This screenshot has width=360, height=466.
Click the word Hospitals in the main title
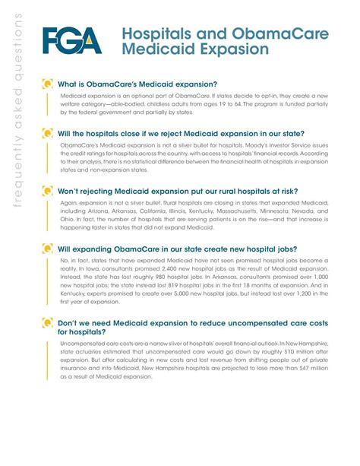[153, 33]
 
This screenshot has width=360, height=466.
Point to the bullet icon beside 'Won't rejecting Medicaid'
[48, 191]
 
